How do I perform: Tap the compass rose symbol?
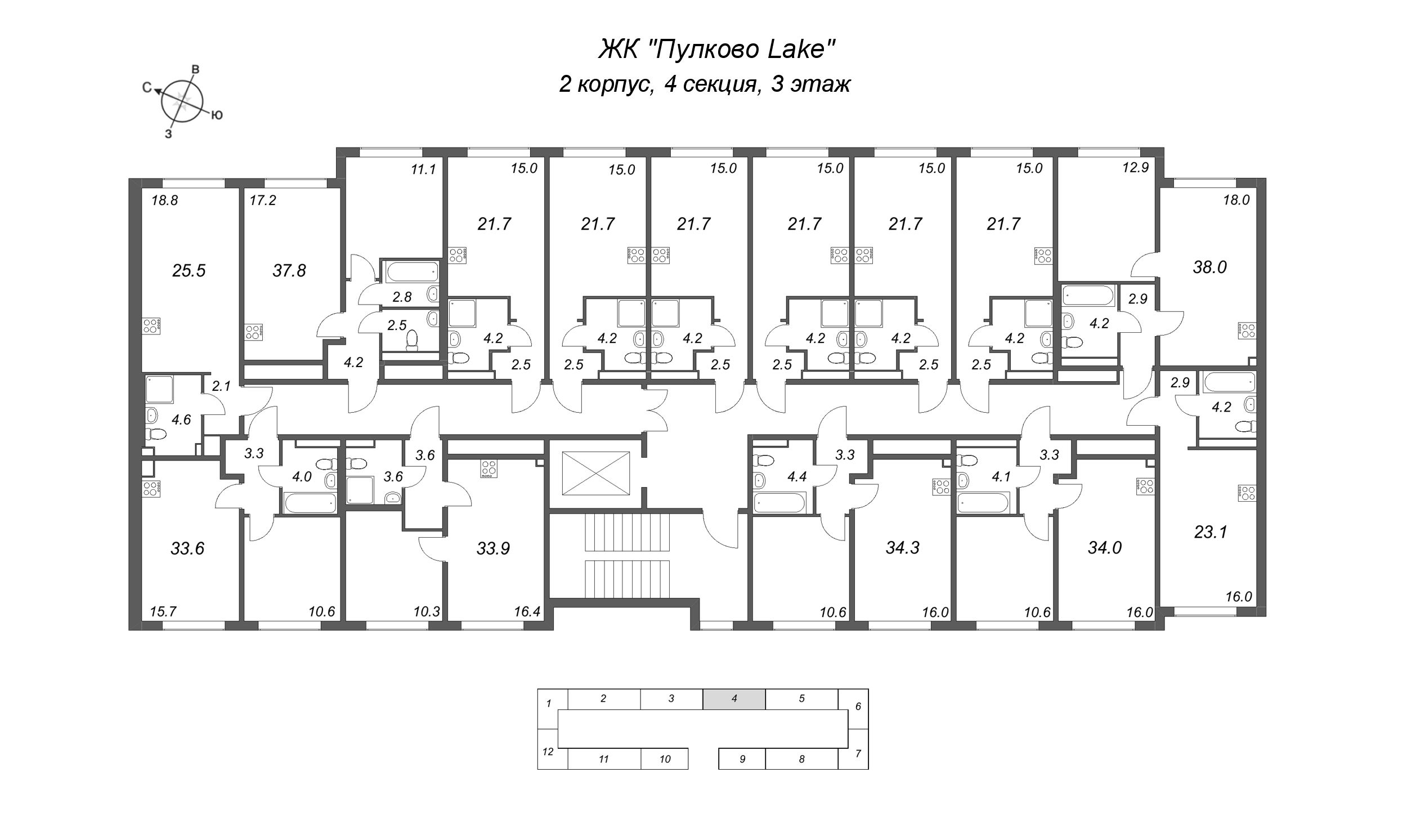point(181,102)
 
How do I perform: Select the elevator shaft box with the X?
point(595,472)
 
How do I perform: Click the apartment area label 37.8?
point(289,271)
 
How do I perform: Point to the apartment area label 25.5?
point(189,271)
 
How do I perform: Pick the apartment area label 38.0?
point(1209,267)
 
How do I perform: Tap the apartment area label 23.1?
point(1210,532)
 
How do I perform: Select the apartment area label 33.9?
point(493,548)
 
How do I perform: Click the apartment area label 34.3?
point(902,547)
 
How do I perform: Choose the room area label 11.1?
point(423,169)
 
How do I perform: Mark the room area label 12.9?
point(1135,167)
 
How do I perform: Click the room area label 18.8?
point(164,200)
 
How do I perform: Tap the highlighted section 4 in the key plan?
point(734,698)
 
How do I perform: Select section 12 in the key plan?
point(548,751)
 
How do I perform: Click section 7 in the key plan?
point(858,753)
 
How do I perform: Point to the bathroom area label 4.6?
point(181,419)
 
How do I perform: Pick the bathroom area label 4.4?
point(797,477)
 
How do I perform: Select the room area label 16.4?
point(527,612)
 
